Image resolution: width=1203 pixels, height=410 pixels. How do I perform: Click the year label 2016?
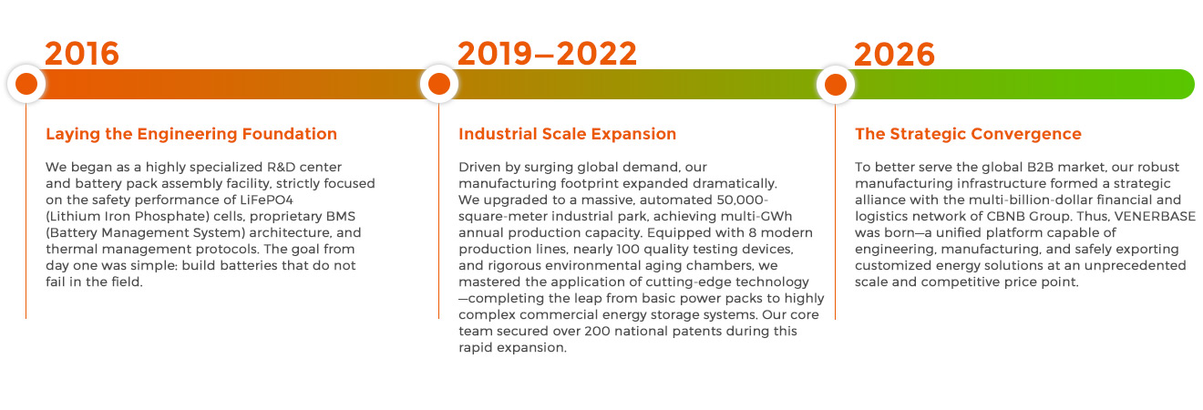tap(82, 54)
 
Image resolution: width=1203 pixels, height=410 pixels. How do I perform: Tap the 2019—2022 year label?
tap(547, 54)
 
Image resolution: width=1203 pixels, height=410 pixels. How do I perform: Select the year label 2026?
tap(894, 54)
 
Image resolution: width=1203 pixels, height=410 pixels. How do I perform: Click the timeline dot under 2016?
tap(26, 84)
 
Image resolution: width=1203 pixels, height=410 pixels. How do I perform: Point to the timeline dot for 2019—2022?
tap(438, 84)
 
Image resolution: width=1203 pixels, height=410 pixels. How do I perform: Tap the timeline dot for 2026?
tap(835, 84)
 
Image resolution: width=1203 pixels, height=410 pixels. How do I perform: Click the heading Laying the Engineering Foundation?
tap(191, 134)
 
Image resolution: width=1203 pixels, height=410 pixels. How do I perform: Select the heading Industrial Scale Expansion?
tap(567, 134)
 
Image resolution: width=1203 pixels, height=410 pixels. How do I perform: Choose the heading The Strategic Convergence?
tap(968, 134)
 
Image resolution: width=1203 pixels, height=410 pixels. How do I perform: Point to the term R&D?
tap(281, 167)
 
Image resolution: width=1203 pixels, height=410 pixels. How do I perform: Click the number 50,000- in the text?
tap(742, 200)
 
